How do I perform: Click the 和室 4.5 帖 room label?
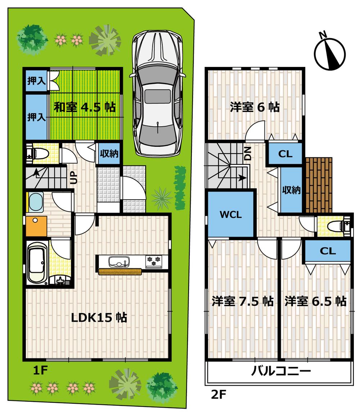click(85, 107)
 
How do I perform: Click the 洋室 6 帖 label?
click(255, 107)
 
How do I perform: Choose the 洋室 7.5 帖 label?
click(242, 301)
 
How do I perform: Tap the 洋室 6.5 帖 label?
click(316, 301)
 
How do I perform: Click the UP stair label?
click(73, 177)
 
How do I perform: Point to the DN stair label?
click(248, 154)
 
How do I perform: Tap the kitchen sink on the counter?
click(119, 262)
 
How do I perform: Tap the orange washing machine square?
click(36, 226)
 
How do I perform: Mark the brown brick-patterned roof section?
click(318, 185)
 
